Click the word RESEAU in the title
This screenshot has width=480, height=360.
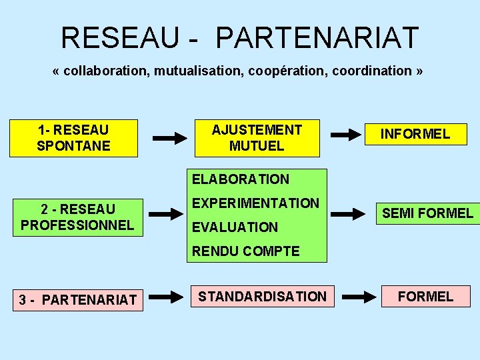tap(119, 38)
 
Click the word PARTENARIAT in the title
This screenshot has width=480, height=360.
tap(317, 38)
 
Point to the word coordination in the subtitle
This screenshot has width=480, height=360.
tap(372, 71)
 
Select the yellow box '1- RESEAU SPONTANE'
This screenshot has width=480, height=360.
tap(73, 138)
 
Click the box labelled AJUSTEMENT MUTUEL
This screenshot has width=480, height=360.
tap(257, 138)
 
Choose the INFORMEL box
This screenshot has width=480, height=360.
tap(415, 134)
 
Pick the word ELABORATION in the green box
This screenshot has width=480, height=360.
tap(241, 179)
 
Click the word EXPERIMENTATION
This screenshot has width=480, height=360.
tap(256, 203)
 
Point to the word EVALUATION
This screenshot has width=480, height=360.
tap(235, 227)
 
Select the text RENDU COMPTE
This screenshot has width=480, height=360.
tap(246, 251)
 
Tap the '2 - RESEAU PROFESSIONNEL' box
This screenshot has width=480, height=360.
tap(77, 217)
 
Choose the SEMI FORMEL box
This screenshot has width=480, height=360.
tap(427, 213)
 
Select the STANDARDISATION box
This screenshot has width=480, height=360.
tap(262, 297)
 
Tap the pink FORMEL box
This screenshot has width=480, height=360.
tap(425, 296)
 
